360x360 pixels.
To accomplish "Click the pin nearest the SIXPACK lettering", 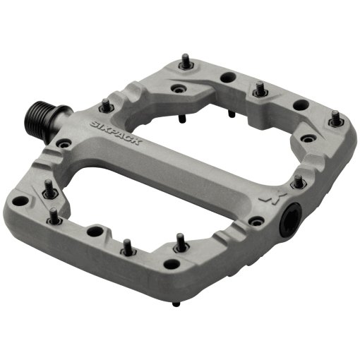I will click(106, 104).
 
